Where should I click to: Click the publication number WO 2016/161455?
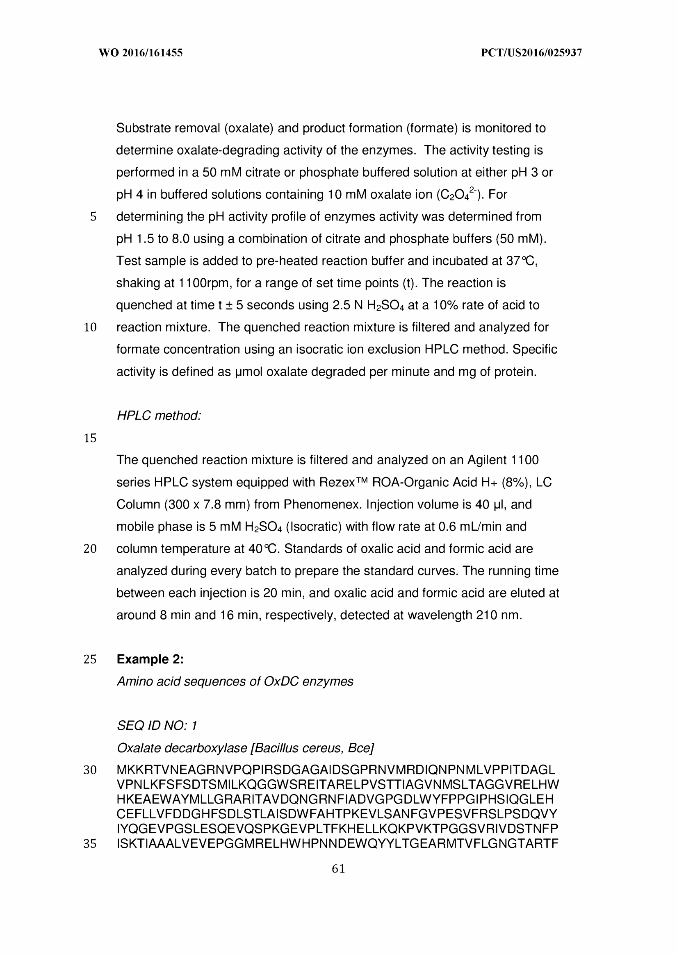[141, 53]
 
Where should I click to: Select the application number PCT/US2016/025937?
[531, 53]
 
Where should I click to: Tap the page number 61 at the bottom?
[338, 869]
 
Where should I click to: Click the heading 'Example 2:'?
[150, 659]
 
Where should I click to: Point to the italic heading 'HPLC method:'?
[159, 416]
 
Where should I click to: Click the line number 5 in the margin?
[93, 217]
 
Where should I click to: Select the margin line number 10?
[90, 327]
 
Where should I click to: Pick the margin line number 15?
[90, 438]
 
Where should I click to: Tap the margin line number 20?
[90, 549]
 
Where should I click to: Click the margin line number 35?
[90, 844]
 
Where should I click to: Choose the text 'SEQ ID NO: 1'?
[157, 726]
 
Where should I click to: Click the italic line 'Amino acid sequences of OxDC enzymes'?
[235, 681]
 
